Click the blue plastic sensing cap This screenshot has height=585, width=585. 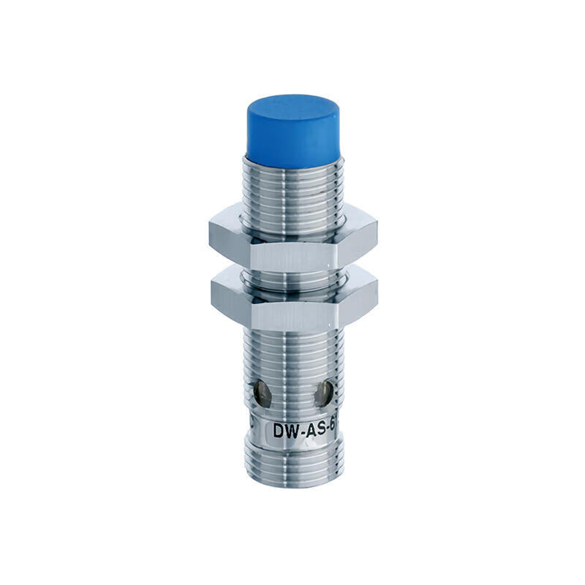(292, 132)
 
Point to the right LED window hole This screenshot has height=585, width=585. (321, 396)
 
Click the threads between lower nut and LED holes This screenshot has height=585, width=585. (292, 351)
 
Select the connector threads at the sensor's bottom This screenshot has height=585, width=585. (292, 464)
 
